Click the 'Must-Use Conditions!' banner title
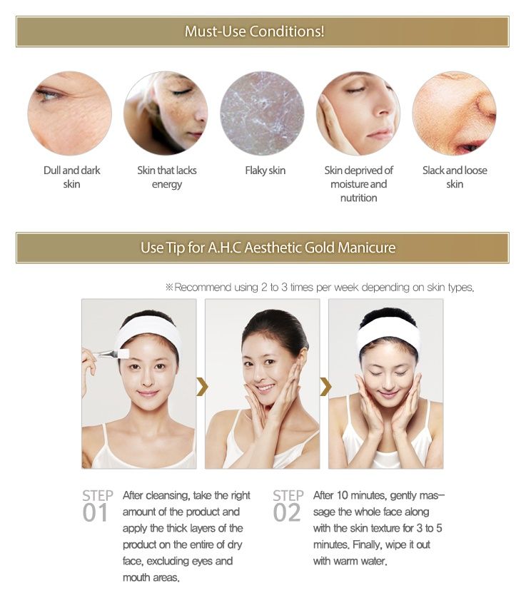point(255,31)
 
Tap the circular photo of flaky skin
point(262,113)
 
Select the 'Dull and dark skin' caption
point(71,177)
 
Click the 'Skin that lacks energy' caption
point(167,177)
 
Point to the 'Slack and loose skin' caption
point(455,177)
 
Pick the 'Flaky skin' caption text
point(265,171)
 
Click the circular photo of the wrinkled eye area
point(69,113)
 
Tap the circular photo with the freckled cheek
point(166,113)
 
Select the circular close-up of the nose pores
point(454,113)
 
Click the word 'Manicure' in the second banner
point(366,248)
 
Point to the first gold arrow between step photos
point(202,387)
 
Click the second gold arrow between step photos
point(325,387)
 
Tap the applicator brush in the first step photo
point(111,355)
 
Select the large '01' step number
point(95,513)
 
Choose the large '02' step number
point(286,513)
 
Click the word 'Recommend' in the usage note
point(203,288)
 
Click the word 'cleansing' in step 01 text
point(168,496)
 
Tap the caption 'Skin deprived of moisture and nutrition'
point(358,184)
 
